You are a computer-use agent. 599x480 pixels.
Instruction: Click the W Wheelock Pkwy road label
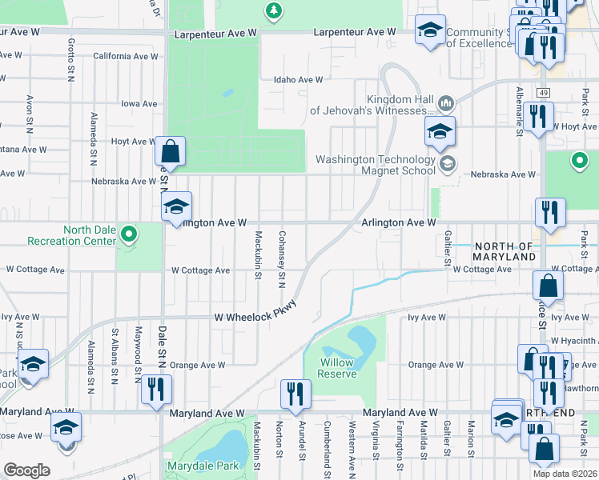point(255,317)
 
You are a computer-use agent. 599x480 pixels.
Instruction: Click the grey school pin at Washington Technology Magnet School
point(448,164)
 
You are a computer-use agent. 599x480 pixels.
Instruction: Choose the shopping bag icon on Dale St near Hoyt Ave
point(171,150)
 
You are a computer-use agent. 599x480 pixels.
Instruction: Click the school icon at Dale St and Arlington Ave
point(176,206)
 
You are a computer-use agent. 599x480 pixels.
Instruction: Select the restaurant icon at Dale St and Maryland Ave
point(156,389)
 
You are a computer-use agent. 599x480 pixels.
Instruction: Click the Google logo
point(26,470)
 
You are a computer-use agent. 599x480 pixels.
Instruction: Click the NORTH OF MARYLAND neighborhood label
point(503,251)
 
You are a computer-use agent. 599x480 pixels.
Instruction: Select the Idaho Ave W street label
point(298,80)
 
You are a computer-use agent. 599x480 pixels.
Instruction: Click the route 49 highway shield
point(544,93)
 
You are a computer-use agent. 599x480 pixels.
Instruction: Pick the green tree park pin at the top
point(274,10)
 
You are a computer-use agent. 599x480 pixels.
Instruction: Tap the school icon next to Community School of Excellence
point(430,32)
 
